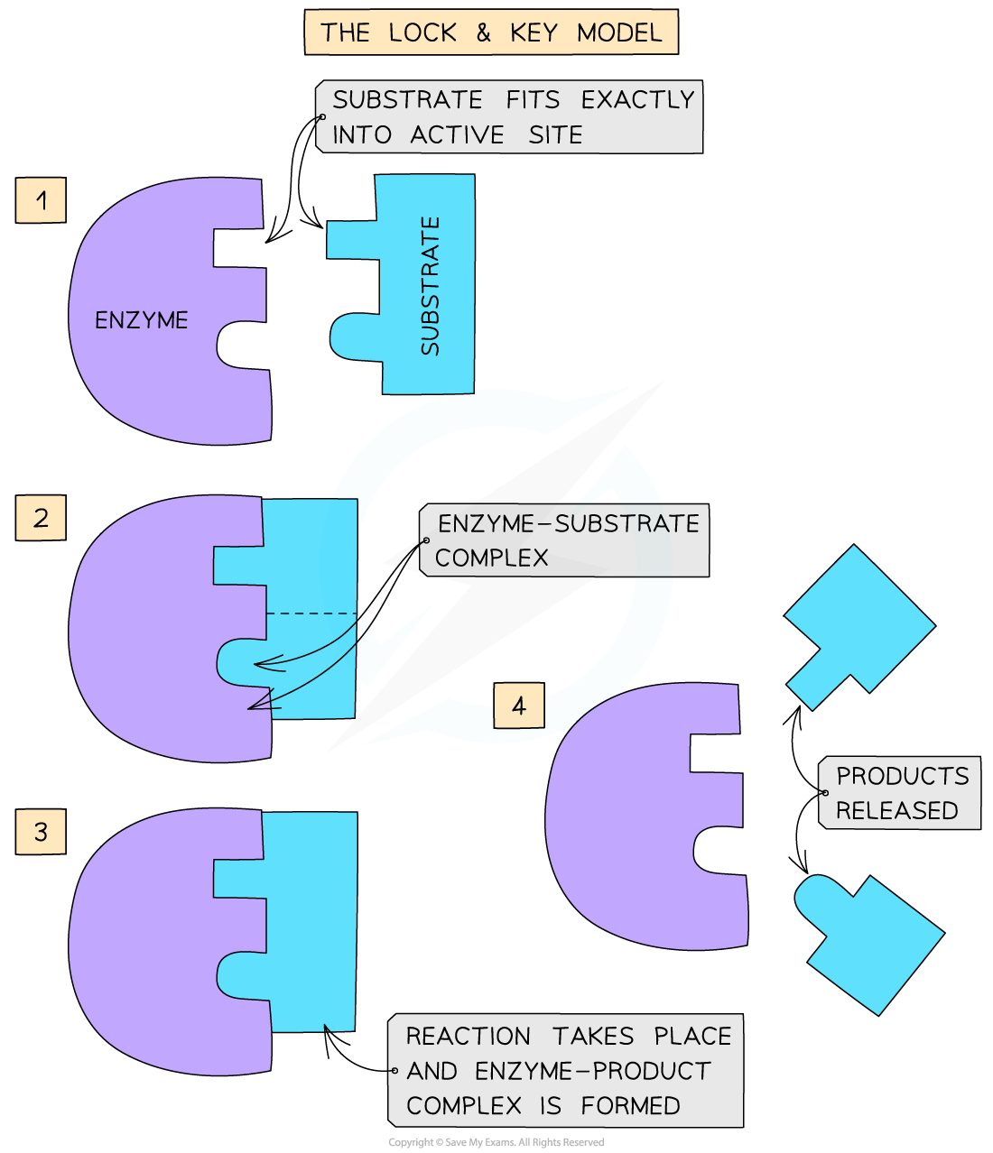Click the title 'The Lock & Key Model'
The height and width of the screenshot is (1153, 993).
pyautogui.click(x=491, y=33)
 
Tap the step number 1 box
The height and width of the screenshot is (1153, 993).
pyautogui.click(x=41, y=199)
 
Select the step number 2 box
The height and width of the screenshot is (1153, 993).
pyautogui.click(x=41, y=518)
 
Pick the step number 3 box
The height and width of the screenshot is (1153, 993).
pyautogui.click(x=41, y=831)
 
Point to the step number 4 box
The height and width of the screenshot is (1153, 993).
pyautogui.click(x=519, y=706)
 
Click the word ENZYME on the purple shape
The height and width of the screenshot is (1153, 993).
pyautogui.click(x=142, y=320)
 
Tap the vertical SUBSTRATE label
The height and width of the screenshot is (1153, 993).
pyautogui.click(x=431, y=286)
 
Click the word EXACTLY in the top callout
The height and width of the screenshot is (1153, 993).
pyautogui.click(x=637, y=99)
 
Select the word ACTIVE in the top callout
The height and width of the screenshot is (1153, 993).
pyautogui.click(x=457, y=135)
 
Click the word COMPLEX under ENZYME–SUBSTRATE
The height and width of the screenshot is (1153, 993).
pyautogui.click(x=491, y=558)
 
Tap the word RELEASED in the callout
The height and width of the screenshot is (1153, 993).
pyautogui.click(x=896, y=810)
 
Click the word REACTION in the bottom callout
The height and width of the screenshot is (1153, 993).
pyautogui.click(x=468, y=1036)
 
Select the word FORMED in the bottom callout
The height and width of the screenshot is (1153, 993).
pyautogui.click(x=630, y=1105)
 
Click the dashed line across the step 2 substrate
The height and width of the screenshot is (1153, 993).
pyautogui.click(x=311, y=614)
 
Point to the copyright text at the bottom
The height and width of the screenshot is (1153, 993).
pyautogui.click(x=496, y=1142)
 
